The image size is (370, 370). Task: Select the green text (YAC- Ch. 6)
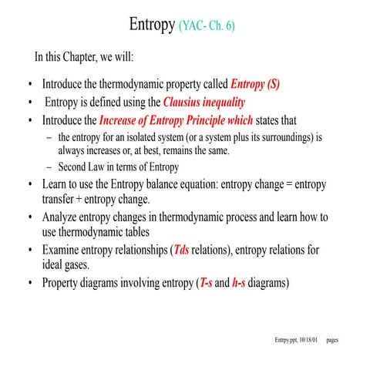click(x=207, y=26)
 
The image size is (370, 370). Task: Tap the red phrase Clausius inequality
click(x=204, y=103)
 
